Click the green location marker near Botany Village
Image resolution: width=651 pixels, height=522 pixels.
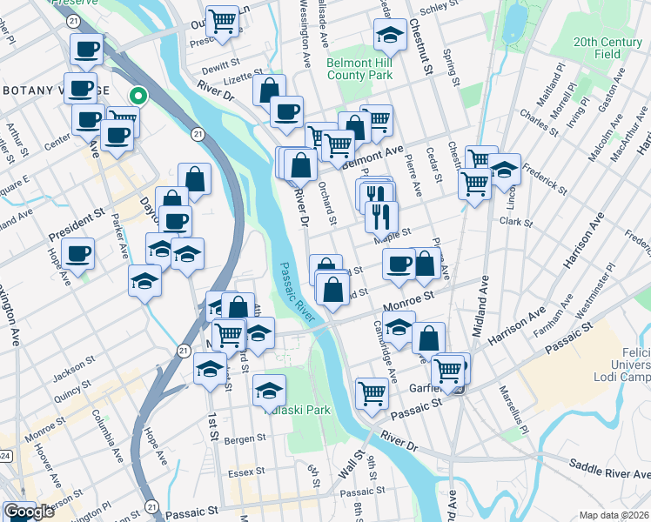point(138,97)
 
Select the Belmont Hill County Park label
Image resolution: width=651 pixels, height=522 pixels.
point(360,69)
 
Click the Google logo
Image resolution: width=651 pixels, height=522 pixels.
point(29,512)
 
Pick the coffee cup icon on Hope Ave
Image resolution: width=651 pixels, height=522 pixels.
point(78,253)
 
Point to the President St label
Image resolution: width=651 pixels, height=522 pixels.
point(77,228)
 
